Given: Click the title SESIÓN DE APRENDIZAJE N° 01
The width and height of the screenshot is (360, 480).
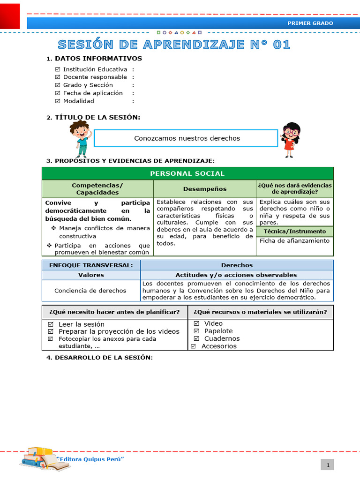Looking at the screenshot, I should pos(174,45).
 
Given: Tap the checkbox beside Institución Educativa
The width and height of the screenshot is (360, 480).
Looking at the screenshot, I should pos(58,69).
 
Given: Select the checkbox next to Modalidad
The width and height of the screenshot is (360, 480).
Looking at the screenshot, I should pos(58,101).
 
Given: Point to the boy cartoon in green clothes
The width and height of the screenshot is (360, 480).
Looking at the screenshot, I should pos(80,138).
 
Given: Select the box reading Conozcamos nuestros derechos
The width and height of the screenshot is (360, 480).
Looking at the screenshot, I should pos(186,138).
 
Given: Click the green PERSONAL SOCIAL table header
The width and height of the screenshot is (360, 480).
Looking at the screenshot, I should pos(187,173).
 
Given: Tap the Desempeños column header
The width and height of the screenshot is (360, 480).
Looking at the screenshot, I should pos(204,189).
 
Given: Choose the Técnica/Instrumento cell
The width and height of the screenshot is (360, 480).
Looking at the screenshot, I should pos(294,232).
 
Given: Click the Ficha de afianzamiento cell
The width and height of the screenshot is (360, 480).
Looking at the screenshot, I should pos(294,241).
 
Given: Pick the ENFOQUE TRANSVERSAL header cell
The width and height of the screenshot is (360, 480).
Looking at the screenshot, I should pos(91,265).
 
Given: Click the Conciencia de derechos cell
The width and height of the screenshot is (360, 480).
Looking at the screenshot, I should pos(90,291).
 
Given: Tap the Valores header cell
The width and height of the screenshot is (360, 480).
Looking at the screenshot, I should pos(91,275).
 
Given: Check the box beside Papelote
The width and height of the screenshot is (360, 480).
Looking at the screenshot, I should pos(196,331).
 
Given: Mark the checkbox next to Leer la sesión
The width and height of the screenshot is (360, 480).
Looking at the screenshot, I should pos(50,324).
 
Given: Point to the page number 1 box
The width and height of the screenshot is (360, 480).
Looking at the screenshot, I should pos(329,465).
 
